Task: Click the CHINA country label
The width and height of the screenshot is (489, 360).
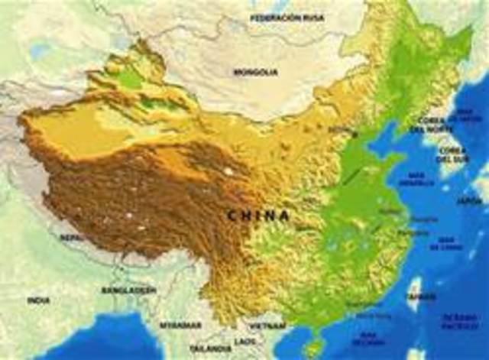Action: pos(258,216)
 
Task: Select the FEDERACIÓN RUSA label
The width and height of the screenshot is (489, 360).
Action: pos(288,16)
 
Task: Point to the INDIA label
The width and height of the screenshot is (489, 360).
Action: pos(38,300)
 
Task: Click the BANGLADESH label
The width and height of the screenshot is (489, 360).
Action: pos(128,290)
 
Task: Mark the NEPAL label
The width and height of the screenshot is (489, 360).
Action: pos(72,238)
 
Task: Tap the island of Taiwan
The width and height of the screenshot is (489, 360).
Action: pos(414,294)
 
